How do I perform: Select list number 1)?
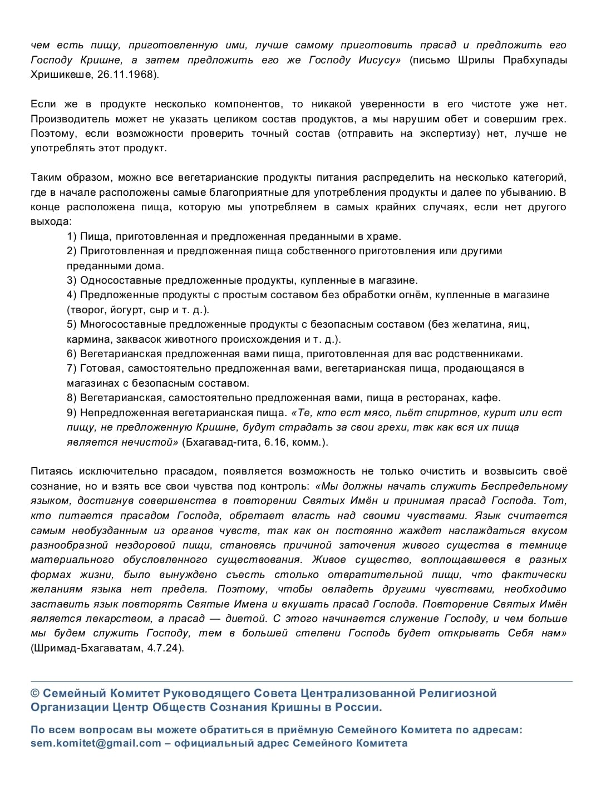[72, 236]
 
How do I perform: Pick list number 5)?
[72, 324]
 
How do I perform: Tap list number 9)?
[72, 413]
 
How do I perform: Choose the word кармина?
[86, 339]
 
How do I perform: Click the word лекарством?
[106, 619]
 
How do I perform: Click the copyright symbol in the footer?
[35, 694]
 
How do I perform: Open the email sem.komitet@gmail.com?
[96, 743]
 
